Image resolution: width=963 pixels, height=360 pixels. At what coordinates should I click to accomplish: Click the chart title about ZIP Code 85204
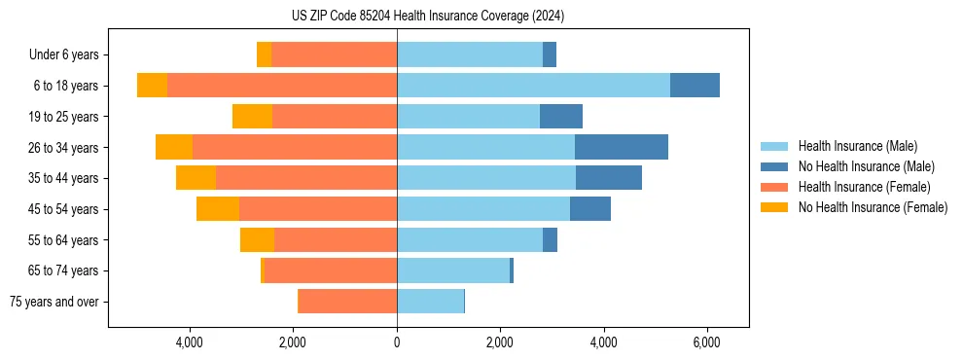(x=427, y=17)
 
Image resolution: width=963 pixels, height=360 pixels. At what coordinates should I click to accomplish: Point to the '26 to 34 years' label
(x=63, y=148)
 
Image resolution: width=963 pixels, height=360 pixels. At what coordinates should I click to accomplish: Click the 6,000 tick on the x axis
(x=706, y=342)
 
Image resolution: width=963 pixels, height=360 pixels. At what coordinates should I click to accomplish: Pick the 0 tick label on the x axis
(x=397, y=342)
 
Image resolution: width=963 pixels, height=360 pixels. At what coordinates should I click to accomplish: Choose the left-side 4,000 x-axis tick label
(x=189, y=342)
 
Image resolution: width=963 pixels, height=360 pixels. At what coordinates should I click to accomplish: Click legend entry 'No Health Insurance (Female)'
(x=873, y=207)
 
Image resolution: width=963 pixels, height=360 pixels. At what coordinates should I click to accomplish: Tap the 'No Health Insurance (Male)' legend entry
(x=866, y=166)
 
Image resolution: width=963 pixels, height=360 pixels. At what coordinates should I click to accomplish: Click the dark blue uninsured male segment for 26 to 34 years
(x=622, y=147)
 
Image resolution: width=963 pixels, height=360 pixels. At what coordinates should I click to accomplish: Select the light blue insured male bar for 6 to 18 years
(x=533, y=86)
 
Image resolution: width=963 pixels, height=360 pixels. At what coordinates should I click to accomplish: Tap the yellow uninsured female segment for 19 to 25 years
(x=252, y=117)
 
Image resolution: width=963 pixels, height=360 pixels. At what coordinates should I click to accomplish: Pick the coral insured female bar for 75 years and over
(x=347, y=302)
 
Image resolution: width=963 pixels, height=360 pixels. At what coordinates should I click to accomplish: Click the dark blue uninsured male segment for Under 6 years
(x=550, y=54)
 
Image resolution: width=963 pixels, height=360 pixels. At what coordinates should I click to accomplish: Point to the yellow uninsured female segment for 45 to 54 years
(x=218, y=209)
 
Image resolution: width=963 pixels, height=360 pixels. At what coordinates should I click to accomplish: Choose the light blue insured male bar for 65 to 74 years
(x=453, y=270)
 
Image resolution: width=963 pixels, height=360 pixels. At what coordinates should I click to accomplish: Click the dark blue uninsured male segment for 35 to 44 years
(x=609, y=178)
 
